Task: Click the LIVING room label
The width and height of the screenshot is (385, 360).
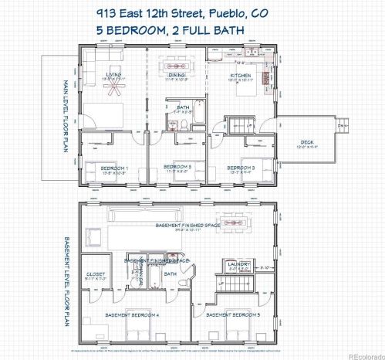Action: pyautogui.click(x=116, y=75)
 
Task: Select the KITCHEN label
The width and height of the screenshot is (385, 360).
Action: pyautogui.click(x=241, y=75)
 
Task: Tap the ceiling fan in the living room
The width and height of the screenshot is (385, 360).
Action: pyautogui.click(x=117, y=86)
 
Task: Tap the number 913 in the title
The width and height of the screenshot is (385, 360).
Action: pyautogui.click(x=108, y=13)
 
